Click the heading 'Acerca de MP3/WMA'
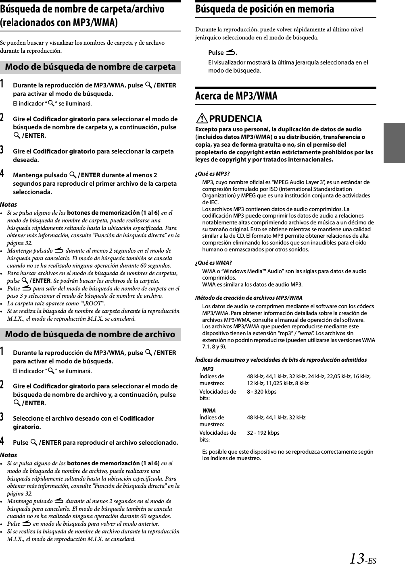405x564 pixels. pos(236,96)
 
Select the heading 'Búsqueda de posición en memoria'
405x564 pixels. pos(265,9)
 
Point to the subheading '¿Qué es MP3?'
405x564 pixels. pos(213,174)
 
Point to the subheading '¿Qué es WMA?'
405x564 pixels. pos(213,263)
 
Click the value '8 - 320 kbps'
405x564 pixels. pos(262,392)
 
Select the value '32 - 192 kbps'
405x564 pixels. pos(263,433)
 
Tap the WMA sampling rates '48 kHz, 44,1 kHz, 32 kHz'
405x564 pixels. pos(276,417)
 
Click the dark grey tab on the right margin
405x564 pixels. pos(394,143)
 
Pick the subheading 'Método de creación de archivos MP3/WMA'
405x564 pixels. pos(248,298)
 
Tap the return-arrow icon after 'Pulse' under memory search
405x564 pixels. pos(230,52)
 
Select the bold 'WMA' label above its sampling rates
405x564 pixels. pos(209,411)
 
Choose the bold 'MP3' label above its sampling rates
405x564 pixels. pos(208,369)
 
